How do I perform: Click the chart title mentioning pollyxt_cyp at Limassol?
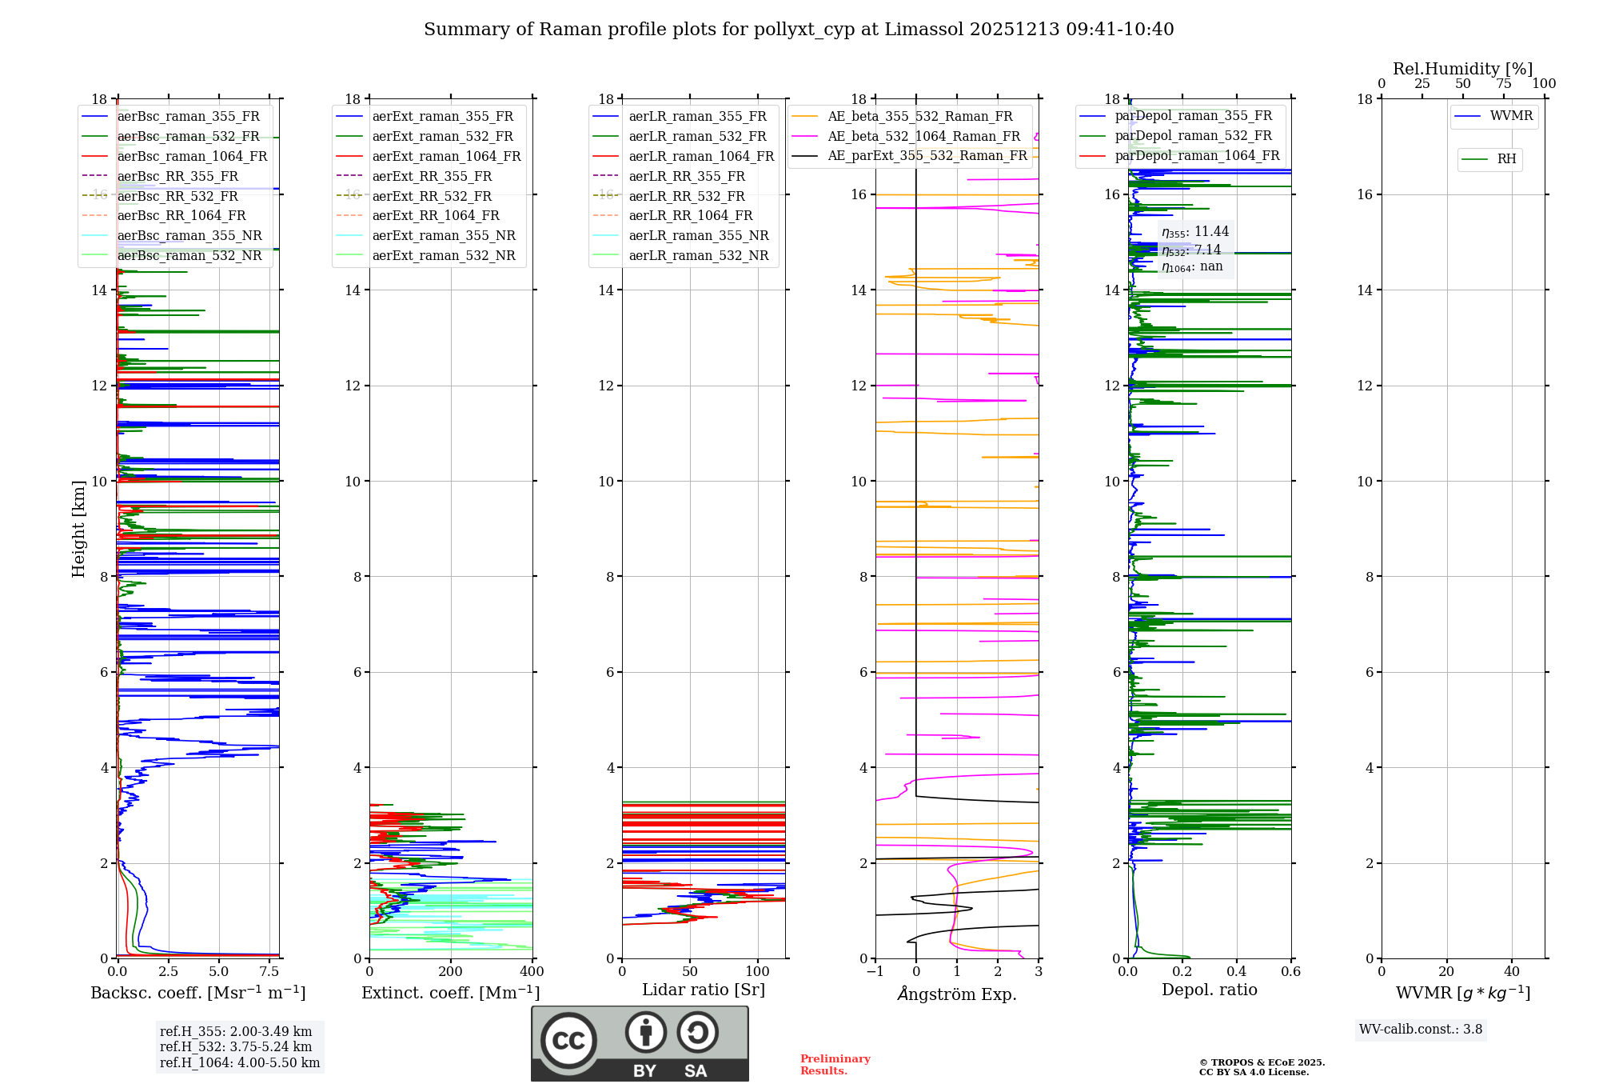pos(799,30)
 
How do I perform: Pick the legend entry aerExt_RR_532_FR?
pos(432,196)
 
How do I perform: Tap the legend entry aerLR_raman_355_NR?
pos(698,235)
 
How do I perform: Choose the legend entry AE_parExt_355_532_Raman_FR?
pos(927,155)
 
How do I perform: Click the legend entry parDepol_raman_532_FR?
pos(1193,136)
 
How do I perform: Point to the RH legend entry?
pos(1506,159)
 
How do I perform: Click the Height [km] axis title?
pos(78,529)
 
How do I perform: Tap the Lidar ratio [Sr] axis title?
pos(704,990)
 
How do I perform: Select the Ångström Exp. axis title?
pos(957,994)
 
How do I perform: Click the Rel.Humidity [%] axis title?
pos(1462,69)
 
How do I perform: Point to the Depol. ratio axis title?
pos(1209,990)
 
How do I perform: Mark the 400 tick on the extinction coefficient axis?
pos(532,971)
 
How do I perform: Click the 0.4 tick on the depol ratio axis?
pos(1237,971)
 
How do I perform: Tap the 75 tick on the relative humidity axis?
pos(1503,83)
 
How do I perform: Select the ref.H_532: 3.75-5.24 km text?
pos(236,1046)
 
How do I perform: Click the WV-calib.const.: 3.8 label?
pos(1421,1030)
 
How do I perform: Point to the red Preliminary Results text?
pos(835,1065)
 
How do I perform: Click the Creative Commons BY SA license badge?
pos(640,1043)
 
